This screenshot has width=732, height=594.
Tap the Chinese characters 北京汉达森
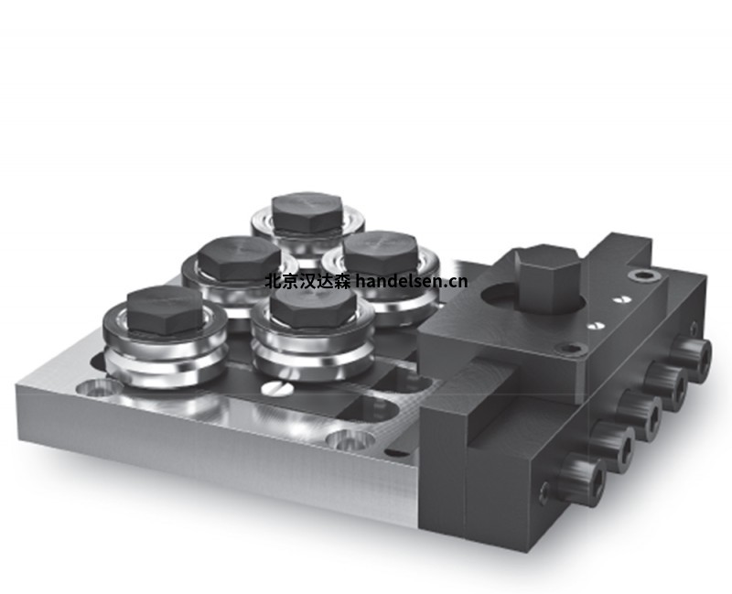tap(307, 281)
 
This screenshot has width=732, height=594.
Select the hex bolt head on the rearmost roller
tap(307, 211)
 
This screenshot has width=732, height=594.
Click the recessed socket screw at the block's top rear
tap(647, 275)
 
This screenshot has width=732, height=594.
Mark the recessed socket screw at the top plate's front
tap(572, 349)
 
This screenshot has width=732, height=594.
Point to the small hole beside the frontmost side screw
tap(545, 495)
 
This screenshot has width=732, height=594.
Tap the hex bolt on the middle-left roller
tap(239, 258)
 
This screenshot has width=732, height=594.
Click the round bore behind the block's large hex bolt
tap(499, 298)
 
